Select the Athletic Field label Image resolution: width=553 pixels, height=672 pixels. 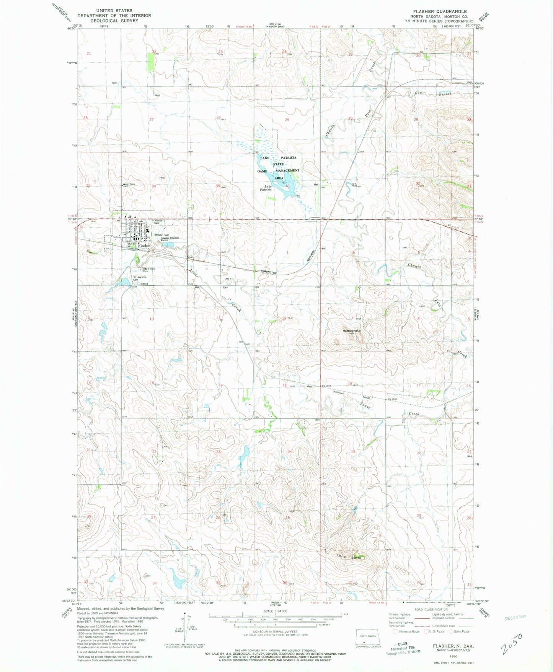click(161, 235)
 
